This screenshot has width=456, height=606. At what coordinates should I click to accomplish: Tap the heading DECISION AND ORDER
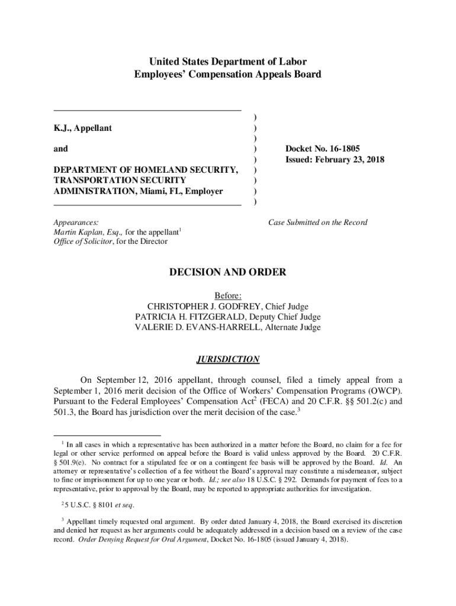pyautogui.click(x=228, y=273)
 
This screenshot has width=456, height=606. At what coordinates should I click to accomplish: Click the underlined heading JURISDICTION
pyautogui.click(x=228, y=359)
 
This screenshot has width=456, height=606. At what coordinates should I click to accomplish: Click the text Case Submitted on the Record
pyautogui.click(x=317, y=223)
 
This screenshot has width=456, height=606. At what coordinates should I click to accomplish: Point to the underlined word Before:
pyautogui.click(x=228, y=295)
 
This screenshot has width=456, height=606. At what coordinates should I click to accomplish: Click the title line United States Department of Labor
pyautogui.click(x=228, y=62)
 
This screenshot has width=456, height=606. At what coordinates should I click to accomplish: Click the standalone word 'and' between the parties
pyautogui.click(x=60, y=149)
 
